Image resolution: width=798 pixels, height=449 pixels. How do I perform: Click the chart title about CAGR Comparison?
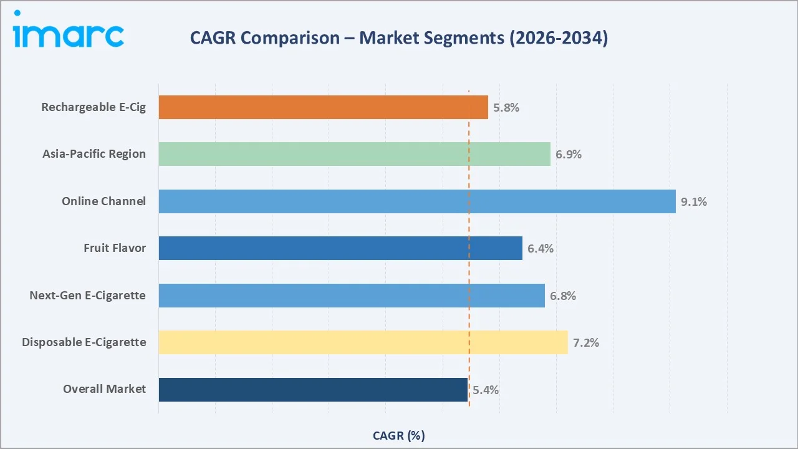point(398,38)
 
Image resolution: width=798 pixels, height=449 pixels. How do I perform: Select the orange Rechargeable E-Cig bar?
point(323,107)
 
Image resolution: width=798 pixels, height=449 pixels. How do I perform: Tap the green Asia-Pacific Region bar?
point(354,154)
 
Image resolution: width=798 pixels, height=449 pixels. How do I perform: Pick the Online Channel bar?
point(416,201)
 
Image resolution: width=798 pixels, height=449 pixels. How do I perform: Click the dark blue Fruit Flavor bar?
point(340,248)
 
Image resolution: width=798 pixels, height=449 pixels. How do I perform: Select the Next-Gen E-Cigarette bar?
point(351,296)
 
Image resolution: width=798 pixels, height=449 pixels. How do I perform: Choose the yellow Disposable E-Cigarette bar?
point(363,342)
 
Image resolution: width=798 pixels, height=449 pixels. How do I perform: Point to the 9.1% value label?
point(694,201)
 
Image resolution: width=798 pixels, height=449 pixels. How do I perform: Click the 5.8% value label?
point(506,107)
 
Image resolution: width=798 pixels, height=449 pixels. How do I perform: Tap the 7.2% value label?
point(586,342)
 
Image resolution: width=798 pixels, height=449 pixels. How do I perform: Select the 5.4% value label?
point(486,390)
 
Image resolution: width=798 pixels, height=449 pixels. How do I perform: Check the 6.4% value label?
point(541,248)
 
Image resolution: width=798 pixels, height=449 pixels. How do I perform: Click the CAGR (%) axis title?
point(398,435)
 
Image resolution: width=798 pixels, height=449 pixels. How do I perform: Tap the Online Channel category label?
point(103,201)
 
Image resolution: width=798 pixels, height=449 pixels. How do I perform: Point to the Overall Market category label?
point(104,389)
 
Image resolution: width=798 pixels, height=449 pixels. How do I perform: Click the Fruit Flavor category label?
point(115,248)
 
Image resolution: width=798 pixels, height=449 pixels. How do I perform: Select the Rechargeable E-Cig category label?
point(94,107)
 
